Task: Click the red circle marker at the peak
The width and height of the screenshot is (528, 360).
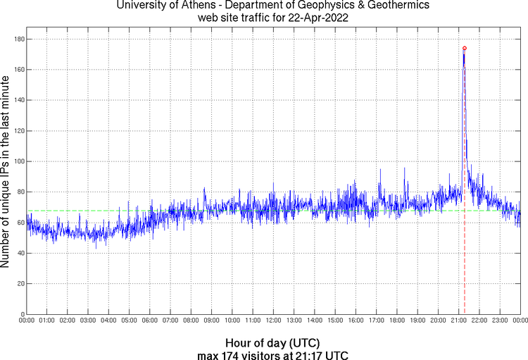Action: [465, 49]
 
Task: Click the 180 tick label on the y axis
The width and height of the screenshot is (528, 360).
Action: [18, 39]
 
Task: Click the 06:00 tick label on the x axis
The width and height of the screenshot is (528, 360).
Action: [149, 321]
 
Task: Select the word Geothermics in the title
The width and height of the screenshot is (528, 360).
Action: [396, 6]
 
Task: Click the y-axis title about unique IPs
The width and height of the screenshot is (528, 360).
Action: [6, 173]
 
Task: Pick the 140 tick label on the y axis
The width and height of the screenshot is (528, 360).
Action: [18, 100]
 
